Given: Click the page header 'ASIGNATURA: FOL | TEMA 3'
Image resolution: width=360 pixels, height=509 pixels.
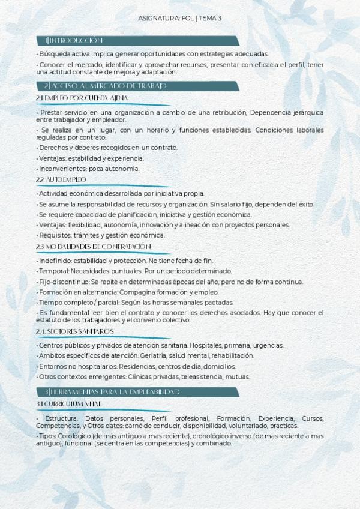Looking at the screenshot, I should coord(180,19).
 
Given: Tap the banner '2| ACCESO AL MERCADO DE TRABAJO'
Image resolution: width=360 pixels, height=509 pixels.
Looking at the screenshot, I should coord(106,86).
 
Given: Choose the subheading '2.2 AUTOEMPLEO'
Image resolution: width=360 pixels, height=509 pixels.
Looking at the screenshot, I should coord(61,179).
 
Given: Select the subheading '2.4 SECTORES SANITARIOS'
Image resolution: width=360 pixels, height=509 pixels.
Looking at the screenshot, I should coord(75,331).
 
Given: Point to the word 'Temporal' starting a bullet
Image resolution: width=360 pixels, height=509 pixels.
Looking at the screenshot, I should coord(52,271).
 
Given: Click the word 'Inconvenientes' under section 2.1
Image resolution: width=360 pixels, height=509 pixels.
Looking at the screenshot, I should coord(59,169).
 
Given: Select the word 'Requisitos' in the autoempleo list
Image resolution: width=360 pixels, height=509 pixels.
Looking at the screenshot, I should coord(54,235).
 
